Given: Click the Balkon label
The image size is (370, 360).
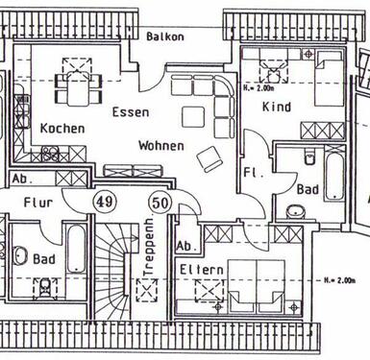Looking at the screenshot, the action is pyautogui.click(x=165, y=36).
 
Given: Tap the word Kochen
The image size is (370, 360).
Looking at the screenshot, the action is pyautogui.click(x=62, y=128).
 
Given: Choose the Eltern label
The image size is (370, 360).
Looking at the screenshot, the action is pyautogui.click(x=201, y=271).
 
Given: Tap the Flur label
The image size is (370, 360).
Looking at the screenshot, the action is pyautogui.click(x=38, y=203).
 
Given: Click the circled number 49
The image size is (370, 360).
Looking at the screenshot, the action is pyautogui.click(x=105, y=202).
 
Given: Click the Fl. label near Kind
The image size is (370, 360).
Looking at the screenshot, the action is pyautogui.click(x=253, y=174).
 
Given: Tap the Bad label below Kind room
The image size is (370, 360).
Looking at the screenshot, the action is pyautogui.click(x=308, y=190).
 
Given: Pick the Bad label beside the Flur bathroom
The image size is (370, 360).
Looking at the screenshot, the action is pyautogui.click(x=44, y=259).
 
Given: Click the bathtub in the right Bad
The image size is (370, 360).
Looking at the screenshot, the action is pyautogui.click(x=333, y=181).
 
